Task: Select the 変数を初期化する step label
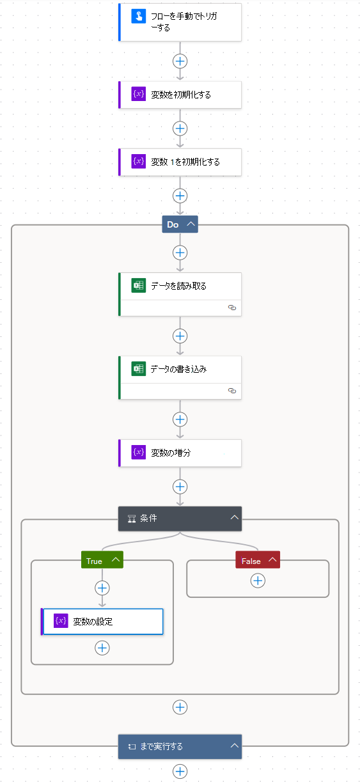(180, 95)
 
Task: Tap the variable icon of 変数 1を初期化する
(139, 162)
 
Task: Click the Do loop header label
(173, 224)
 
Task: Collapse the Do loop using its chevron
(191, 224)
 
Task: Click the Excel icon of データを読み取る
(139, 286)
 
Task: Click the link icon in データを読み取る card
(232, 308)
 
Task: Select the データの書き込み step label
(178, 369)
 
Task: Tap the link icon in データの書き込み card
(232, 391)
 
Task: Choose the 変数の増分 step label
(171, 453)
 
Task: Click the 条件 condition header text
(148, 519)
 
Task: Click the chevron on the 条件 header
(235, 518)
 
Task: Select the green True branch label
(95, 561)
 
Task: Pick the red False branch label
(251, 561)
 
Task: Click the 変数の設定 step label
(93, 621)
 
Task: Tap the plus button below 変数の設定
(102, 648)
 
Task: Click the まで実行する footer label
(162, 746)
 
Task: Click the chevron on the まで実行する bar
(235, 746)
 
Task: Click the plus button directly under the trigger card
(180, 61)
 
